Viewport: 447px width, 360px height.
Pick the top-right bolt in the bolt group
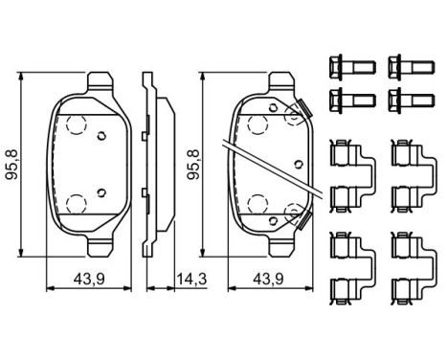[x=404, y=68]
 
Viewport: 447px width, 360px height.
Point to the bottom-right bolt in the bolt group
[x=404, y=97]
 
